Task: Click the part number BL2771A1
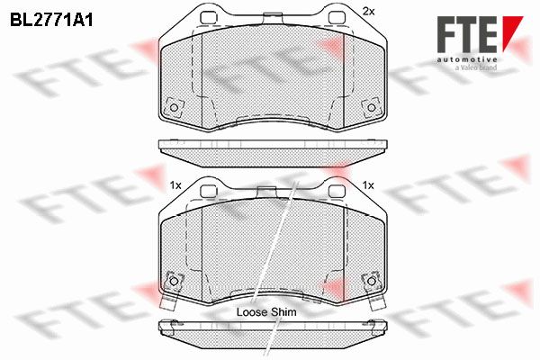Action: click(x=51, y=21)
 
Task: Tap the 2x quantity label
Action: click(x=368, y=12)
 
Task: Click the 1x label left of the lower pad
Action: click(x=175, y=185)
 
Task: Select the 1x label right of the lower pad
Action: click(x=368, y=185)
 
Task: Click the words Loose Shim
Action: click(x=266, y=312)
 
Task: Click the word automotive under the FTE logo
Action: click(x=467, y=59)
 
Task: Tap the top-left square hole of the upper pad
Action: click(x=209, y=18)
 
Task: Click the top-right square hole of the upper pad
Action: click(x=337, y=18)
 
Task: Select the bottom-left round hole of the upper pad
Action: click(x=174, y=107)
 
